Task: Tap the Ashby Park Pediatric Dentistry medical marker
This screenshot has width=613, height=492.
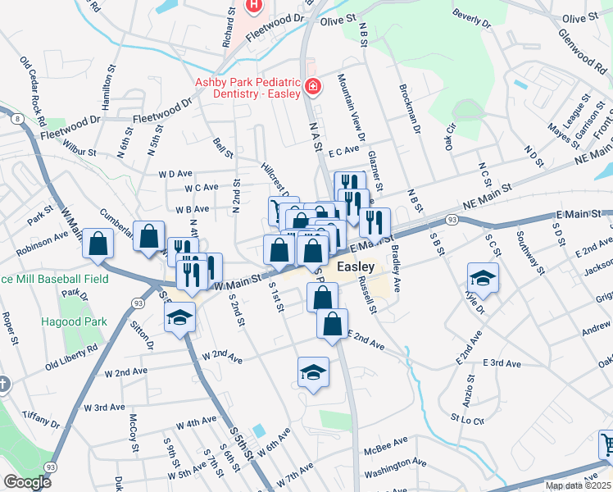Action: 312,86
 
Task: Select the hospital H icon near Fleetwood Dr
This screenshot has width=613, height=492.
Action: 253,6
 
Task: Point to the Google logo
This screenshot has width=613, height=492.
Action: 26,481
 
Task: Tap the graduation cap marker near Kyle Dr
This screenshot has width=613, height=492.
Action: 483,279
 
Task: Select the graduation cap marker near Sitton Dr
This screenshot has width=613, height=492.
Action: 179,317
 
